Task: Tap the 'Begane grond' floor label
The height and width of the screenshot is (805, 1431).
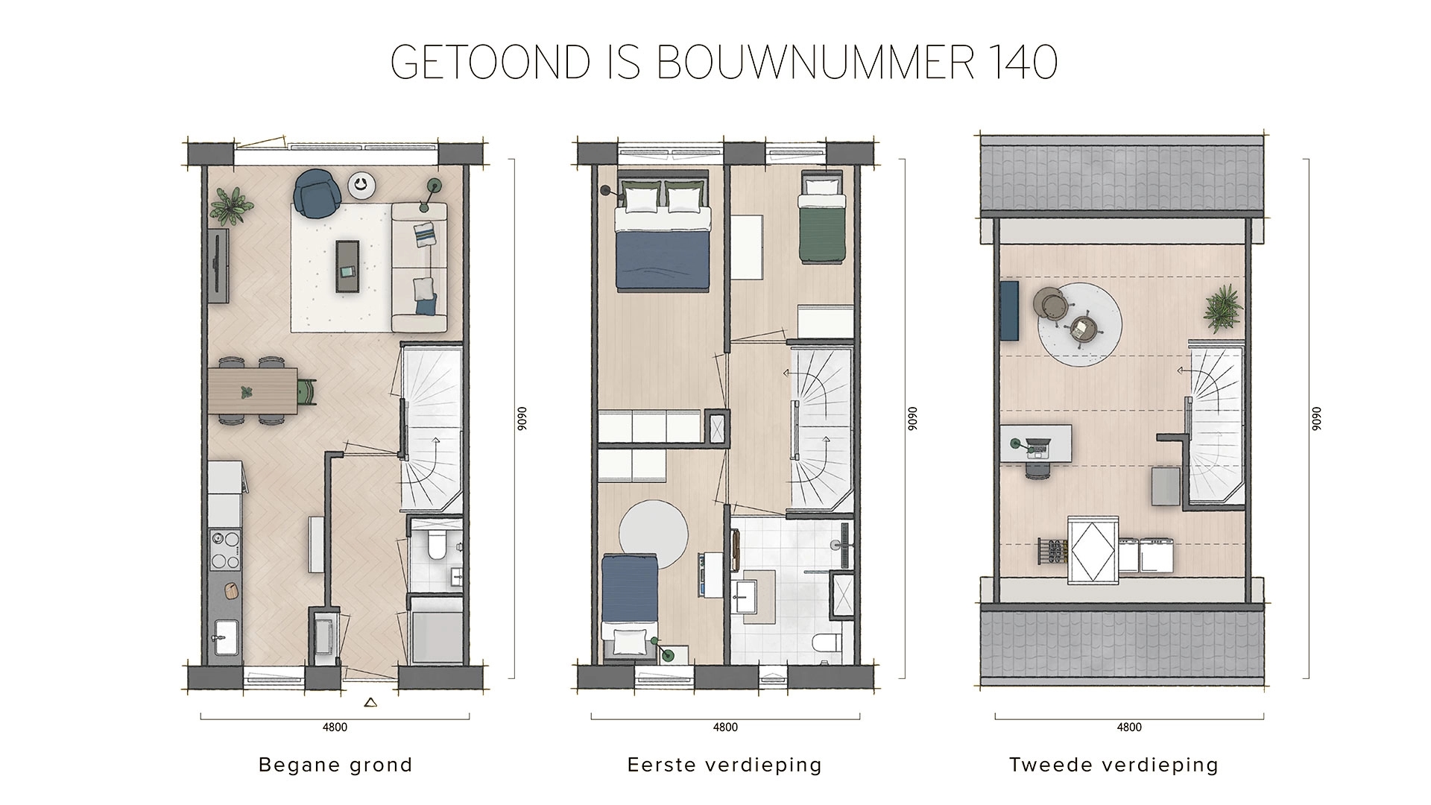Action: pos(335,765)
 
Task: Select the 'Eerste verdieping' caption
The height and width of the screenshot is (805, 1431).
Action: pos(724,765)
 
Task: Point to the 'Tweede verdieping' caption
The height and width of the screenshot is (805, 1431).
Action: pos(1113,765)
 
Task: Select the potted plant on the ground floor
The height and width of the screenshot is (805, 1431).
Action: pos(230,205)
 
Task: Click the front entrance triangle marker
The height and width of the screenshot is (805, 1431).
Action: pos(370,701)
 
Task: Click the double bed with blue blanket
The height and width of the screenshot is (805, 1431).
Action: pos(660,239)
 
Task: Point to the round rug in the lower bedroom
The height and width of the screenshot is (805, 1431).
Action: pos(654,534)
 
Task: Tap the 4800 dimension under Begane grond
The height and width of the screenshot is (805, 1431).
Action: pos(335,727)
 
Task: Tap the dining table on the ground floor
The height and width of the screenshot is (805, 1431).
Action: pos(253,391)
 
